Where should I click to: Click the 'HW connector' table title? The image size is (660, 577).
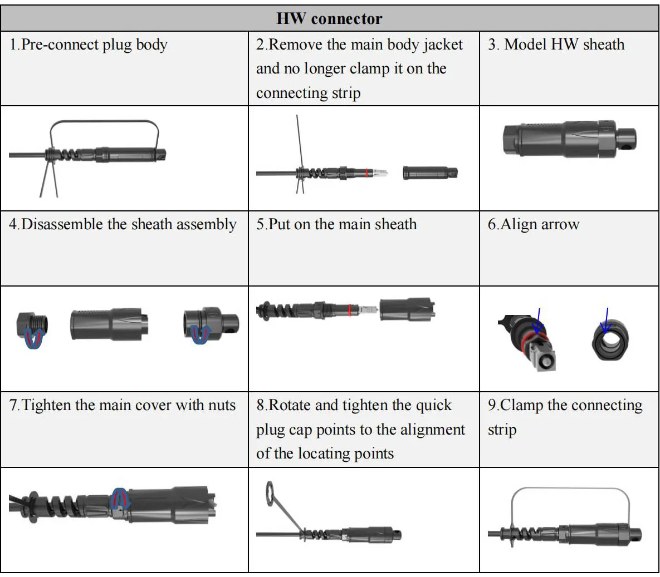(329, 18)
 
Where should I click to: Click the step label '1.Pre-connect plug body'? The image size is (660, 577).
(89, 45)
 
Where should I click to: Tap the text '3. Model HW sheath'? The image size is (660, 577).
(556, 45)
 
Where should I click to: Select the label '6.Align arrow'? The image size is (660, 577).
(533, 224)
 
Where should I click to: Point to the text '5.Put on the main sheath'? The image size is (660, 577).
(336, 224)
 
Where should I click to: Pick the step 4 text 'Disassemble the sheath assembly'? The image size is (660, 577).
(123, 224)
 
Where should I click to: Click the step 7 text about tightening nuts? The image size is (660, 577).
(123, 405)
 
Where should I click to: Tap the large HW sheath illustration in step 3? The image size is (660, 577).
(568, 139)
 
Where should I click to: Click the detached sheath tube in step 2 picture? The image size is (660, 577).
(429, 172)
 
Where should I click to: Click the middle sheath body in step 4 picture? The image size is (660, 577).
(109, 324)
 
